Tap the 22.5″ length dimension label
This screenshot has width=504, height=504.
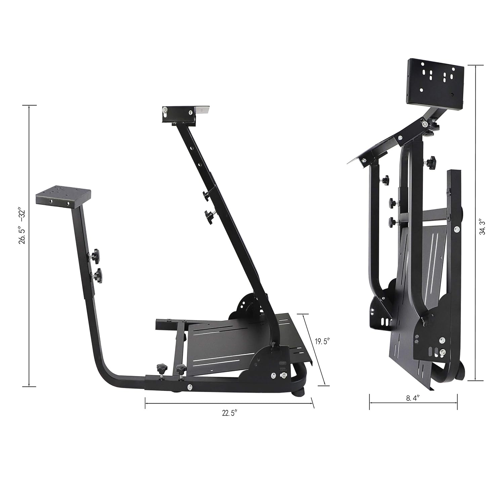point(229,413)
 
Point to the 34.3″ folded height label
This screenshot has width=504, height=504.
point(483,227)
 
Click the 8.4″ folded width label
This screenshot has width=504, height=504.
point(413,398)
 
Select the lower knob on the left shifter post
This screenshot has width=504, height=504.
point(97,276)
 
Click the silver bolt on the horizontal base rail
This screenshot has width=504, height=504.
point(190,387)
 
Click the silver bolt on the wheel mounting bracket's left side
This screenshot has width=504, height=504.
point(165,110)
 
